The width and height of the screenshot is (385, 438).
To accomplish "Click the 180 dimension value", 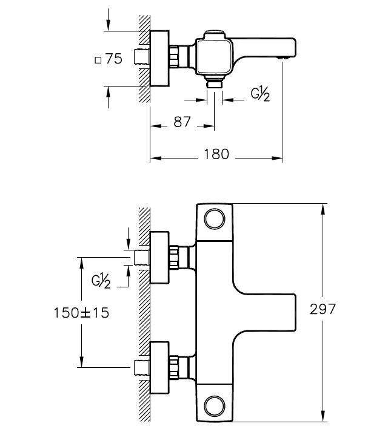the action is [216, 154].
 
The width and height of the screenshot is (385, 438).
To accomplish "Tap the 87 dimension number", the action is [182, 122].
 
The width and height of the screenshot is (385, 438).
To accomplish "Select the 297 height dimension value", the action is [323, 309].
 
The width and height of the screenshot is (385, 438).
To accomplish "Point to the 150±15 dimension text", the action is [81, 313].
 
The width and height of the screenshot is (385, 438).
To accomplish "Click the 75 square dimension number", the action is [114, 59].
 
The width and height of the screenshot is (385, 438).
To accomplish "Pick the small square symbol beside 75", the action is [98, 60].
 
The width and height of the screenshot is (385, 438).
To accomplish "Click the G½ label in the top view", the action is [260, 94].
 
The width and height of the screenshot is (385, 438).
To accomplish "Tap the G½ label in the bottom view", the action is [101, 281].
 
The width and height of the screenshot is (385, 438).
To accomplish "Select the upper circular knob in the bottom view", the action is [215, 219].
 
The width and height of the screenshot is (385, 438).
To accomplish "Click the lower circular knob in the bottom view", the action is [215, 406].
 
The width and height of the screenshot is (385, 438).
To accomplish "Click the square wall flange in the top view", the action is [159, 59].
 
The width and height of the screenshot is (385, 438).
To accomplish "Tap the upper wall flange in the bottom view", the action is [159, 258].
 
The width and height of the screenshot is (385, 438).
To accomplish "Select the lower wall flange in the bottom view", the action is [159, 368].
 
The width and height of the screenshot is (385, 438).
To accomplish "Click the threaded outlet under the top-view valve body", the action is [215, 84].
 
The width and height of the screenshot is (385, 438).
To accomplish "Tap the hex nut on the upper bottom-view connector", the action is [174, 258].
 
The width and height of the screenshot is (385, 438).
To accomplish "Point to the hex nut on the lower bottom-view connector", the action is [174, 368].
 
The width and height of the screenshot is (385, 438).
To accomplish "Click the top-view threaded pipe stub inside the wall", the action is [142, 57].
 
